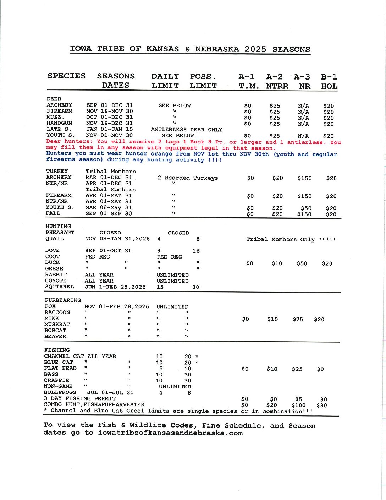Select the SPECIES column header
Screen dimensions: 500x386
pos(66,76)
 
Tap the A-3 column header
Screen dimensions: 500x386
pos(302,77)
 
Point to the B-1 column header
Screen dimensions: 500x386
pos(329,77)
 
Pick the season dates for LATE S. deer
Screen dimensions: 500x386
pos(109,129)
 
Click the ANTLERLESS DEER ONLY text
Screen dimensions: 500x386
pos(187,130)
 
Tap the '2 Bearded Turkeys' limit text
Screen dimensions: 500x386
pos(188,178)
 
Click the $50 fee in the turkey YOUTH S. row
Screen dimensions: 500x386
pos(306,208)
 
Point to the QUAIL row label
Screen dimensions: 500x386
pos(55,239)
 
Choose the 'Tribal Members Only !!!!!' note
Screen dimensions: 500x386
pos(291,239)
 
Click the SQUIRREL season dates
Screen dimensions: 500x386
pos(115,287)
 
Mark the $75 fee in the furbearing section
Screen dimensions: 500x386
pos(298,319)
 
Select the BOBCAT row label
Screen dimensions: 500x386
pos(55,330)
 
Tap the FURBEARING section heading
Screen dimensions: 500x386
pos(63,300)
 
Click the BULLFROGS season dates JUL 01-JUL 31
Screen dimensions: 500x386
pos(110,392)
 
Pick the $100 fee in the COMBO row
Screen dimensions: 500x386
pos(298,405)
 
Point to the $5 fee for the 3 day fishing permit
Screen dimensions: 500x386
pos(298,399)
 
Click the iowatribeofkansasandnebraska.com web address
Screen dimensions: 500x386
pos(170,433)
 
